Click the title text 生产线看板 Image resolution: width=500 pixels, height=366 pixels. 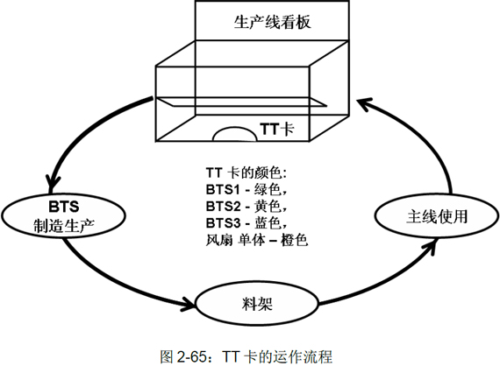272,22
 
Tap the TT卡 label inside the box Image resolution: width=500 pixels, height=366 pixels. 277,130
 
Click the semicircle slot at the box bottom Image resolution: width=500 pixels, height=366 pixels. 235,134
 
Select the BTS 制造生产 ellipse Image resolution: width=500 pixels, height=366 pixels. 63,216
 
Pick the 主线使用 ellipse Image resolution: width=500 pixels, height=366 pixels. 437,216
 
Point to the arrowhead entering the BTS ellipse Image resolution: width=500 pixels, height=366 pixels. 52,184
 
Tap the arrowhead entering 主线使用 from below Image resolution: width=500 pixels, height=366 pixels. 431,246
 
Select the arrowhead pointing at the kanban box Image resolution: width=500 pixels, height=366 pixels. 363,103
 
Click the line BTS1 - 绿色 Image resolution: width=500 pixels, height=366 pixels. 246,190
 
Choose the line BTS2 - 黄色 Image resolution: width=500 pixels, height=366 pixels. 246,207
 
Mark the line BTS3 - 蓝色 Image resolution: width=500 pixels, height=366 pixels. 246,223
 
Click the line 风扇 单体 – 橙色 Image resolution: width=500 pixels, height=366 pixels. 257,240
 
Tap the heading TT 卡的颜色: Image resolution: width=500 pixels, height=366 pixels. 246,173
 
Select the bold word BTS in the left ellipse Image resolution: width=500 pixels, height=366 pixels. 64,207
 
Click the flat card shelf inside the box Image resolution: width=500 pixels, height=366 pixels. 241,102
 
